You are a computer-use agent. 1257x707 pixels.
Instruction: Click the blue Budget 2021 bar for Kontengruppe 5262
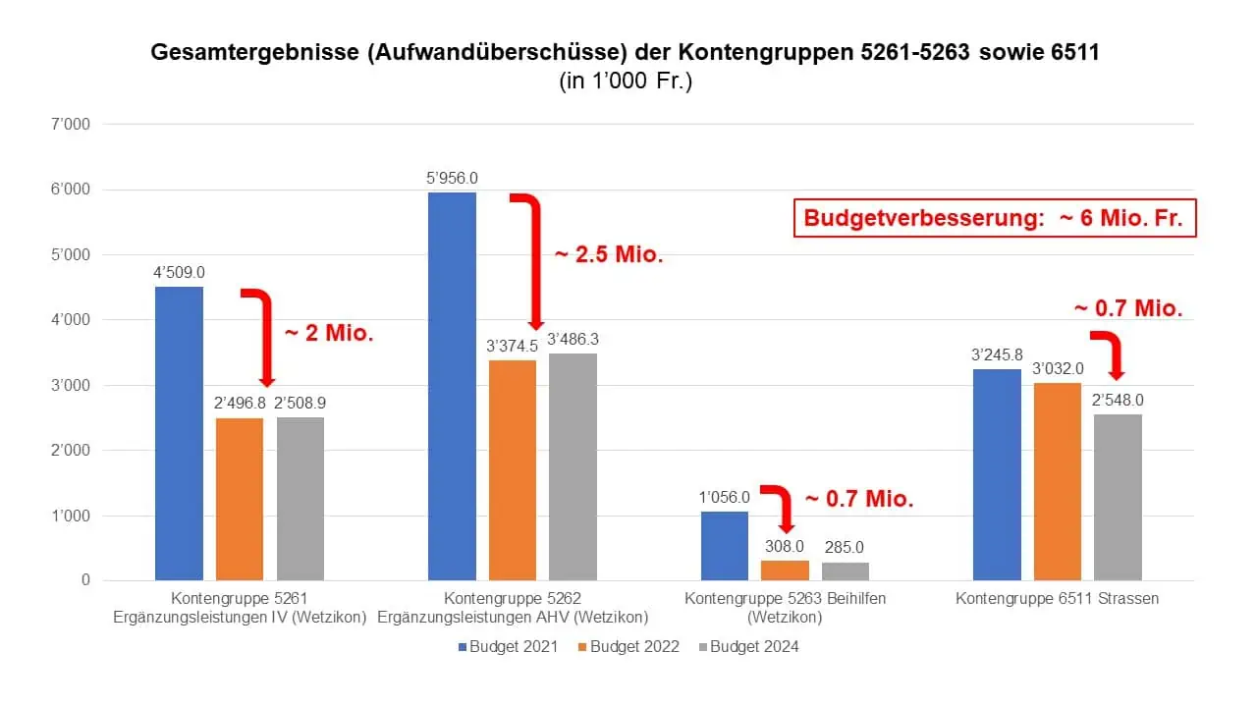(452, 386)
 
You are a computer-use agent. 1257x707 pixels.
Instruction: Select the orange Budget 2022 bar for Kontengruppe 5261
(240, 499)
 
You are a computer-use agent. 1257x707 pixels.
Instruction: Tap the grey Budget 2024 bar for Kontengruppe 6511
(1118, 497)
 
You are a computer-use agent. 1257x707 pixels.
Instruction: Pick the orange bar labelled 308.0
(785, 571)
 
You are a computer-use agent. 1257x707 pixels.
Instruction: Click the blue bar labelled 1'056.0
(725, 546)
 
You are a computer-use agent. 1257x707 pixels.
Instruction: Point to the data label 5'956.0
(452, 179)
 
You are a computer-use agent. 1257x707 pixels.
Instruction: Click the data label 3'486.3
(573, 340)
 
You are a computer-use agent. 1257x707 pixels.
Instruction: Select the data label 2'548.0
(1119, 401)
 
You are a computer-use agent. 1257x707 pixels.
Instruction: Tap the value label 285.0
(845, 548)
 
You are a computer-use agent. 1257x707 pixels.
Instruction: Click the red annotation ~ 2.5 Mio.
(609, 255)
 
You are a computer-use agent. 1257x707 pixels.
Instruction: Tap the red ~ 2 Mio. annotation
(329, 333)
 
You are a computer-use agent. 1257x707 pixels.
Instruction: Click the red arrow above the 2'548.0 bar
(1110, 354)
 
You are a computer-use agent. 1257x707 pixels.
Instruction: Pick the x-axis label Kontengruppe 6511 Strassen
(1058, 599)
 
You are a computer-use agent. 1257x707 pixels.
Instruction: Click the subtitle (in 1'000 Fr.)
(627, 82)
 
